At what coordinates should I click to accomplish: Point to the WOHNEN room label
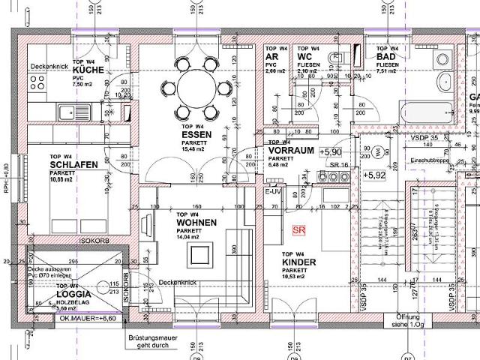[x=196, y=223]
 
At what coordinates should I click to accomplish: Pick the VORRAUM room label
[x=290, y=151]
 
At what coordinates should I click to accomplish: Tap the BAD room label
[x=386, y=56]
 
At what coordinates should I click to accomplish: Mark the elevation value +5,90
[x=330, y=152]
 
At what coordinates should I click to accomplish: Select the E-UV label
[x=273, y=193]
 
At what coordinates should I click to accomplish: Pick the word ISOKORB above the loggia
[x=91, y=241]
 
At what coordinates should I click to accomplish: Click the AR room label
[x=272, y=56]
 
